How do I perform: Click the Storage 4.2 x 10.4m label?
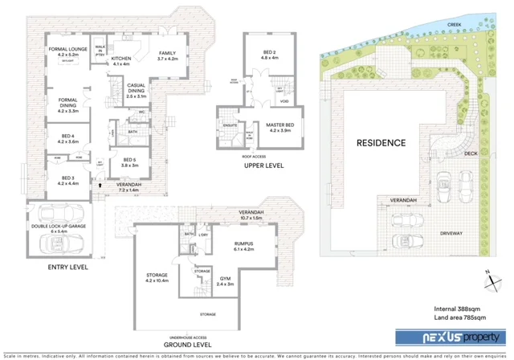point(156,278)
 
